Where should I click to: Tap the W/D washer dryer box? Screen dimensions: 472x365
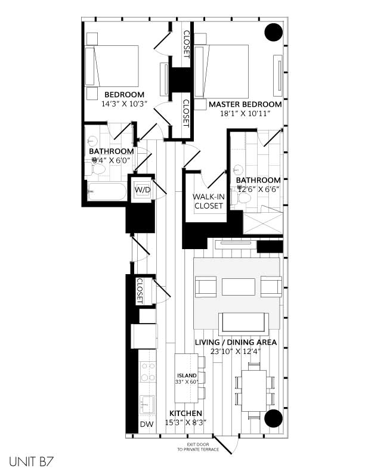(143, 190)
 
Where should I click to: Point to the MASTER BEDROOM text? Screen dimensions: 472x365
(245, 104)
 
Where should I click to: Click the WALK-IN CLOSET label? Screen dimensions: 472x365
(208, 201)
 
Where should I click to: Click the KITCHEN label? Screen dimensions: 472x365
(185, 414)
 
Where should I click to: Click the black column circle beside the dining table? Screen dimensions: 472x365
(273, 418)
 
